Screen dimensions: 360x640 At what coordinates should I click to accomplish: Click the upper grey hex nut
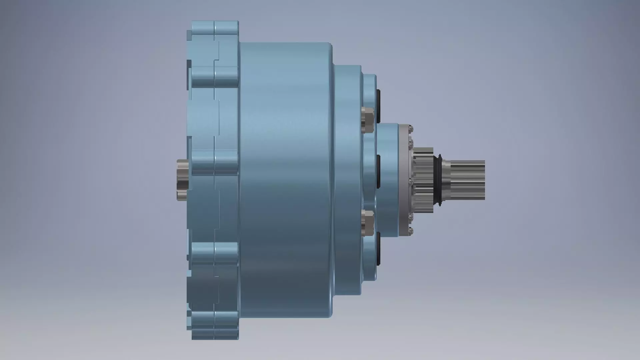point(368,119)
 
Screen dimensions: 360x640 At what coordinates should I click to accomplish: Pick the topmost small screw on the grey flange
point(411,128)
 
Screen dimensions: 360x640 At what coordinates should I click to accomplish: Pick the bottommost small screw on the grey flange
point(411,230)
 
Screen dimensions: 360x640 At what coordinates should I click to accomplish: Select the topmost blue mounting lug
point(215,28)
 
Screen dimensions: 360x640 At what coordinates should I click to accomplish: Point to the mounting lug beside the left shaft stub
point(215,162)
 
